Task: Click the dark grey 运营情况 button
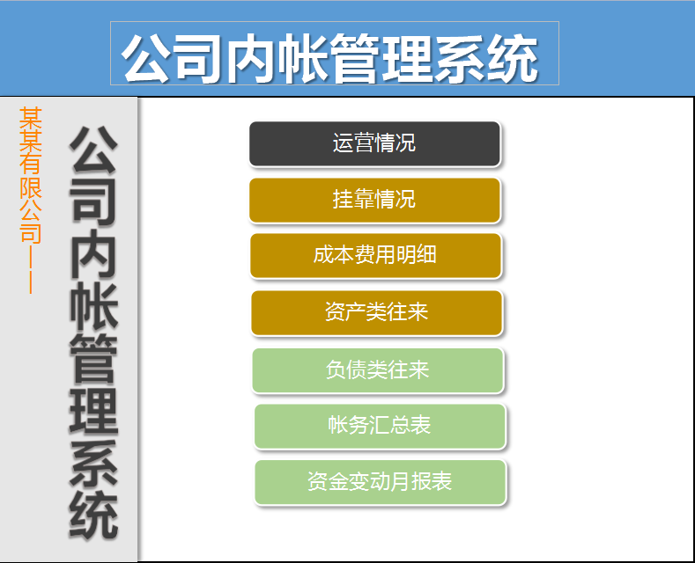point(374,143)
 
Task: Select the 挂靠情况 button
point(374,200)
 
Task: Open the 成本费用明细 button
point(375,255)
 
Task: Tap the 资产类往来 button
point(376,312)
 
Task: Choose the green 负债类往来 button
point(377,369)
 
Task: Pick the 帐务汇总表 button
point(380,426)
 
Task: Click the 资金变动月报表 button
point(380,482)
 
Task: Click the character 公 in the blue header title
point(147,59)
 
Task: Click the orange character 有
point(31,164)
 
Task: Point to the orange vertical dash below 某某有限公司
point(31,268)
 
